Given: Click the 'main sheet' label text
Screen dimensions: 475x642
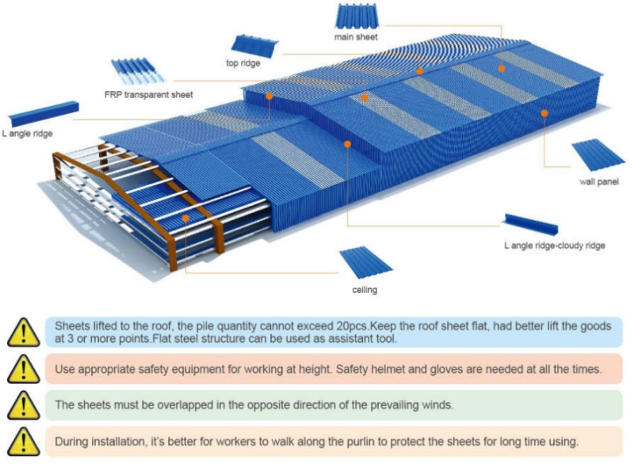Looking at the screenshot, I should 356,37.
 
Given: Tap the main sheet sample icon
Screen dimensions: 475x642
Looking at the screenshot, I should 357,16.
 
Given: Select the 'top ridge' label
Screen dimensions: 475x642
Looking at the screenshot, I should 243,63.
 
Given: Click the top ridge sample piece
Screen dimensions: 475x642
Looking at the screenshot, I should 253,45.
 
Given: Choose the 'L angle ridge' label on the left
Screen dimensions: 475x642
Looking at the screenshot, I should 27,134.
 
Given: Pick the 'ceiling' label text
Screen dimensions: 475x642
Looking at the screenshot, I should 365,290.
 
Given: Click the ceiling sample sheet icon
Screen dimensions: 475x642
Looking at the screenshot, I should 365,263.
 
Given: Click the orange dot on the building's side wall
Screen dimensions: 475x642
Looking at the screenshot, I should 545,113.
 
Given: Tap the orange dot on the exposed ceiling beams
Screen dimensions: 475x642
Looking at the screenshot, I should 185,217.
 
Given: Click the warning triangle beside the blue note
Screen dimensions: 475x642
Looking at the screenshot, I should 23,332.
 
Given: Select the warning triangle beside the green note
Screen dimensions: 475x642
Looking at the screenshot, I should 23,405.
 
